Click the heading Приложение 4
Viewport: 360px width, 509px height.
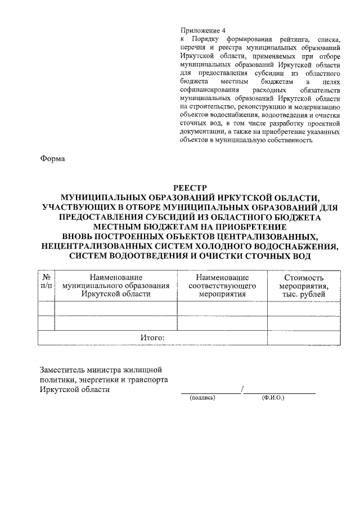point(202,30)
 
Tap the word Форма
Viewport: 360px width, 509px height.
point(52,159)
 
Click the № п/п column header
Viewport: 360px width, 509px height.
point(46,282)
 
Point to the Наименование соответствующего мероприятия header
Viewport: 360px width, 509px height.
point(222,286)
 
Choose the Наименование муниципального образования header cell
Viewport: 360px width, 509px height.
point(115,286)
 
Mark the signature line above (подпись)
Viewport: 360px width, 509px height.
point(210,392)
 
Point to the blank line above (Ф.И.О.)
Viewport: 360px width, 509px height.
point(280,392)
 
